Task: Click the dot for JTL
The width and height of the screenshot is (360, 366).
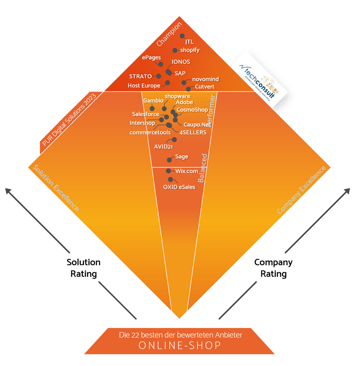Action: (x=182, y=36)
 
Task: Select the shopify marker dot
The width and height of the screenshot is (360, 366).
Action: (x=175, y=50)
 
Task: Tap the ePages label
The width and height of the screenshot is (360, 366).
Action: (x=151, y=58)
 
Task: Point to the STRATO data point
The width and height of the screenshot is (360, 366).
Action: (x=158, y=77)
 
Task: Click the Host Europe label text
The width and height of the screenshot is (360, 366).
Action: (x=144, y=86)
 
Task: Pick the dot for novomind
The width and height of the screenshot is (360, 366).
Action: (x=184, y=82)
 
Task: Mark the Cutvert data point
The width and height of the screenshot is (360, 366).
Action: (x=189, y=89)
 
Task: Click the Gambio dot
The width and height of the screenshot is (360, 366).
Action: (x=153, y=108)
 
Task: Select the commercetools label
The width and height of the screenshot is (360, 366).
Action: (x=150, y=132)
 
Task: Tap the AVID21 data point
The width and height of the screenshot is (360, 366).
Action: (x=174, y=140)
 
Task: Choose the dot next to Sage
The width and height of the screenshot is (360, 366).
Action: (x=169, y=159)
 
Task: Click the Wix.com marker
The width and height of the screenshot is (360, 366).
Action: (x=168, y=171)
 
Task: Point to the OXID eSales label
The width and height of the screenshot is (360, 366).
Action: (x=179, y=187)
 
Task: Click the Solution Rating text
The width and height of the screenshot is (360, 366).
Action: (x=84, y=268)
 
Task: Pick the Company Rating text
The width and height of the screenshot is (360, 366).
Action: (x=274, y=268)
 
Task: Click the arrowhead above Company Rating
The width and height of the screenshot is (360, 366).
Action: (x=347, y=191)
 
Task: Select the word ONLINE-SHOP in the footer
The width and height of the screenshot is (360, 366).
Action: (x=180, y=346)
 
